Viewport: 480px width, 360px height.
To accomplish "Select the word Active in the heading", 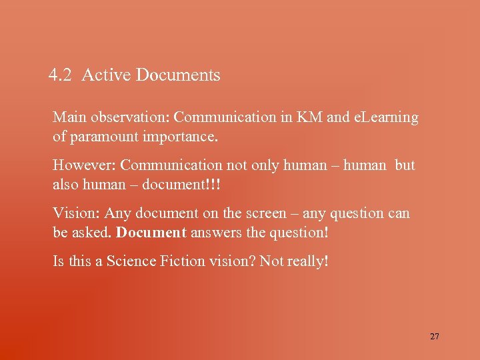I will (x=106, y=75).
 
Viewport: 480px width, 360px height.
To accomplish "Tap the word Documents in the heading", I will (x=178, y=75).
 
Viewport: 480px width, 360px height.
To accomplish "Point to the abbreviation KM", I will (x=310, y=118).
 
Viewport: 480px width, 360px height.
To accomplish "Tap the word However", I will (x=83, y=165).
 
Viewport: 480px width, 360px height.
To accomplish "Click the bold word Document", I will (x=151, y=233).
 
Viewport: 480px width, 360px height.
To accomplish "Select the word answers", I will (x=215, y=233).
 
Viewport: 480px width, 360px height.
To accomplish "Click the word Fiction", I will (x=182, y=261).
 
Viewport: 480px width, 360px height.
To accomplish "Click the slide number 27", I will (x=435, y=337).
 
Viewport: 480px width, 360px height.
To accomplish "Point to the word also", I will (x=65, y=185).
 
